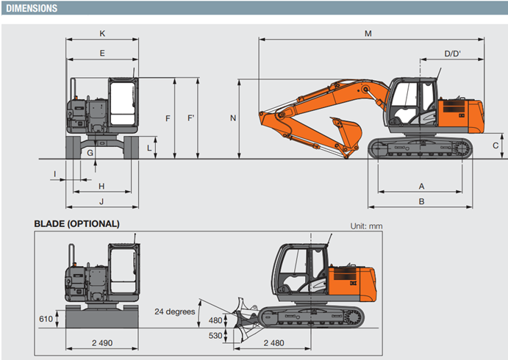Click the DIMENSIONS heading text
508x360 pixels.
(32, 8)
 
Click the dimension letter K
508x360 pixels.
(102, 33)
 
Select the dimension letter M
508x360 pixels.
(368, 33)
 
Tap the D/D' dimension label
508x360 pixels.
(453, 54)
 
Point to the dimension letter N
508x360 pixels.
(233, 118)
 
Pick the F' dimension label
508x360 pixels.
(191, 118)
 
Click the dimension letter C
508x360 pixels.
(496, 145)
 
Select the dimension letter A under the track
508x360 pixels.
(421, 186)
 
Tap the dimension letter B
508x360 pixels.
(421, 201)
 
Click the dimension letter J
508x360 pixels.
(101, 201)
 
